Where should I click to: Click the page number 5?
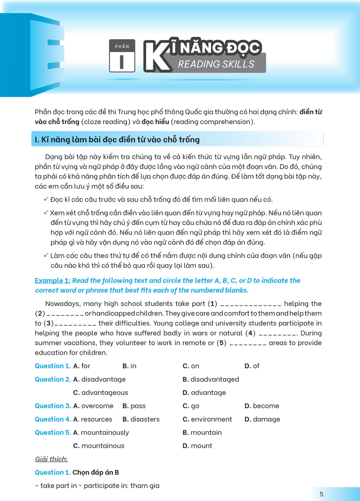coord(322,494)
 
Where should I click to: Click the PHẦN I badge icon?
coord(122,57)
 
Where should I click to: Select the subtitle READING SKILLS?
coord(216,64)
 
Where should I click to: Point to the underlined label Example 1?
coord(53,281)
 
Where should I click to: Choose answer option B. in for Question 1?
coord(129,366)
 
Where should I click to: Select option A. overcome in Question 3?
coord(93,406)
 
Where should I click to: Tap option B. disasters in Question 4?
coord(141,419)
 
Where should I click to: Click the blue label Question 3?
coord(53,406)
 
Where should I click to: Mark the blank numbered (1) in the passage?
coord(251,304)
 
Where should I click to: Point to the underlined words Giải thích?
coord(51,459)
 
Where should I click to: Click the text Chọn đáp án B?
coord(96,473)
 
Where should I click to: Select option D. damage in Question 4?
coord(262,419)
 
